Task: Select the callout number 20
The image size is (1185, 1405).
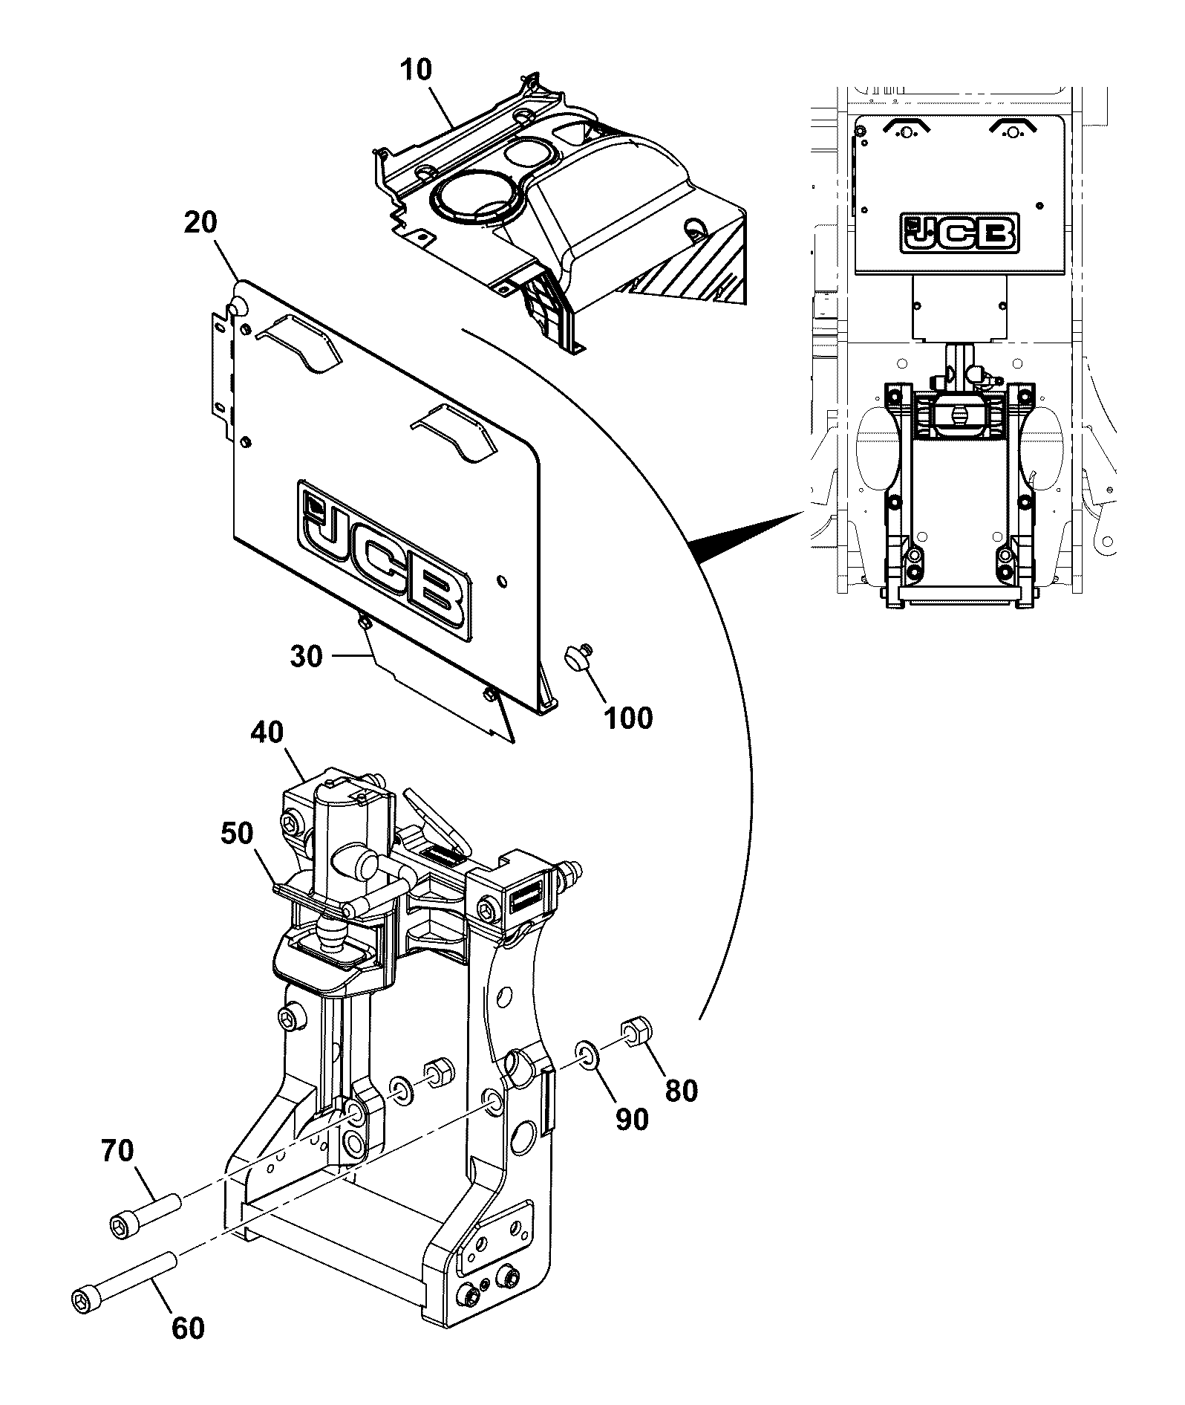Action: tap(200, 222)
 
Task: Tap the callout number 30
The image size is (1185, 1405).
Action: tap(306, 657)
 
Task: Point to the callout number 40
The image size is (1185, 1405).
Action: tap(267, 733)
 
